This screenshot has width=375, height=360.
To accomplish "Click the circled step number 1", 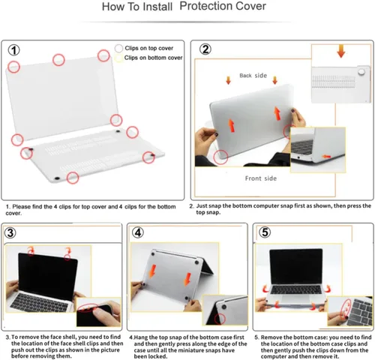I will (x=14, y=50).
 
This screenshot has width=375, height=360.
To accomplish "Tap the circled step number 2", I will (x=205, y=49).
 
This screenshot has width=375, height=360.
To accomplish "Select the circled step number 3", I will (x=10, y=232).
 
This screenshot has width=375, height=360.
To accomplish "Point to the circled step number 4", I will (x=138, y=232).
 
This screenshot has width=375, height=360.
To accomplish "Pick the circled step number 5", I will (x=265, y=232).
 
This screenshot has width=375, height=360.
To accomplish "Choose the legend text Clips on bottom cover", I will (x=154, y=58).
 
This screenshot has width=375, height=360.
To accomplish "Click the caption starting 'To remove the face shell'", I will (x=63, y=344).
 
